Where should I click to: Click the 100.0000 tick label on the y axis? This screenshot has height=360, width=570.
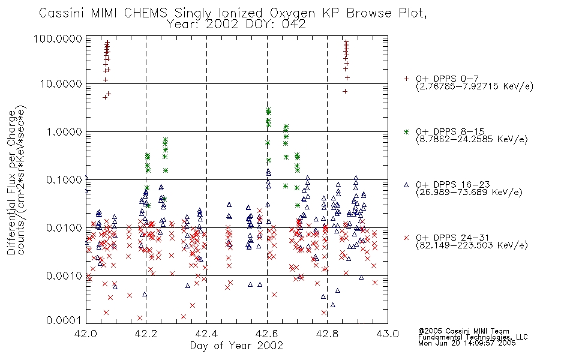point(58,38)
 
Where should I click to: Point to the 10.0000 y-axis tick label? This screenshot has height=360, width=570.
point(61,84)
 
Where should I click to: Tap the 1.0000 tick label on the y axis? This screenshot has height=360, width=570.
point(64,131)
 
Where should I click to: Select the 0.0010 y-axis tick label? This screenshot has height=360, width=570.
point(64,275)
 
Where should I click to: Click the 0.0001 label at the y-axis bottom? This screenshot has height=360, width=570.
point(64,320)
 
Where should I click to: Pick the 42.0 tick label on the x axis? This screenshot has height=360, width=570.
point(86,334)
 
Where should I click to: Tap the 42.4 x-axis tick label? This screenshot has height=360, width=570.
point(207,334)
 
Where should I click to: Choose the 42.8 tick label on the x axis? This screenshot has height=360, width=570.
point(327,334)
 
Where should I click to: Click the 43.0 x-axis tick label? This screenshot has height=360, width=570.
point(388,334)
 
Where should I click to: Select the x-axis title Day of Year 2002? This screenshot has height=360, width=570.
point(236,346)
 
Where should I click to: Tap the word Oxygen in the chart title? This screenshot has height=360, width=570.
point(292,13)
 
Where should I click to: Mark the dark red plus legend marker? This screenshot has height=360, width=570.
point(406,79)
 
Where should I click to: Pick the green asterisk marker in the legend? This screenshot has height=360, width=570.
point(406,131)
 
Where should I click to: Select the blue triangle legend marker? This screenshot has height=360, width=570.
point(406,185)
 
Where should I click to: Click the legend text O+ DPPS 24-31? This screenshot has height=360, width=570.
point(452,238)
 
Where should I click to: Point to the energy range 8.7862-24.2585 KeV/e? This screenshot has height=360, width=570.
point(472,139)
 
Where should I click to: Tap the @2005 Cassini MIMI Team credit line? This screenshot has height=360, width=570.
point(463,331)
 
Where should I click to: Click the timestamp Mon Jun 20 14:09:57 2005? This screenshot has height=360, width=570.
point(467,343)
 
